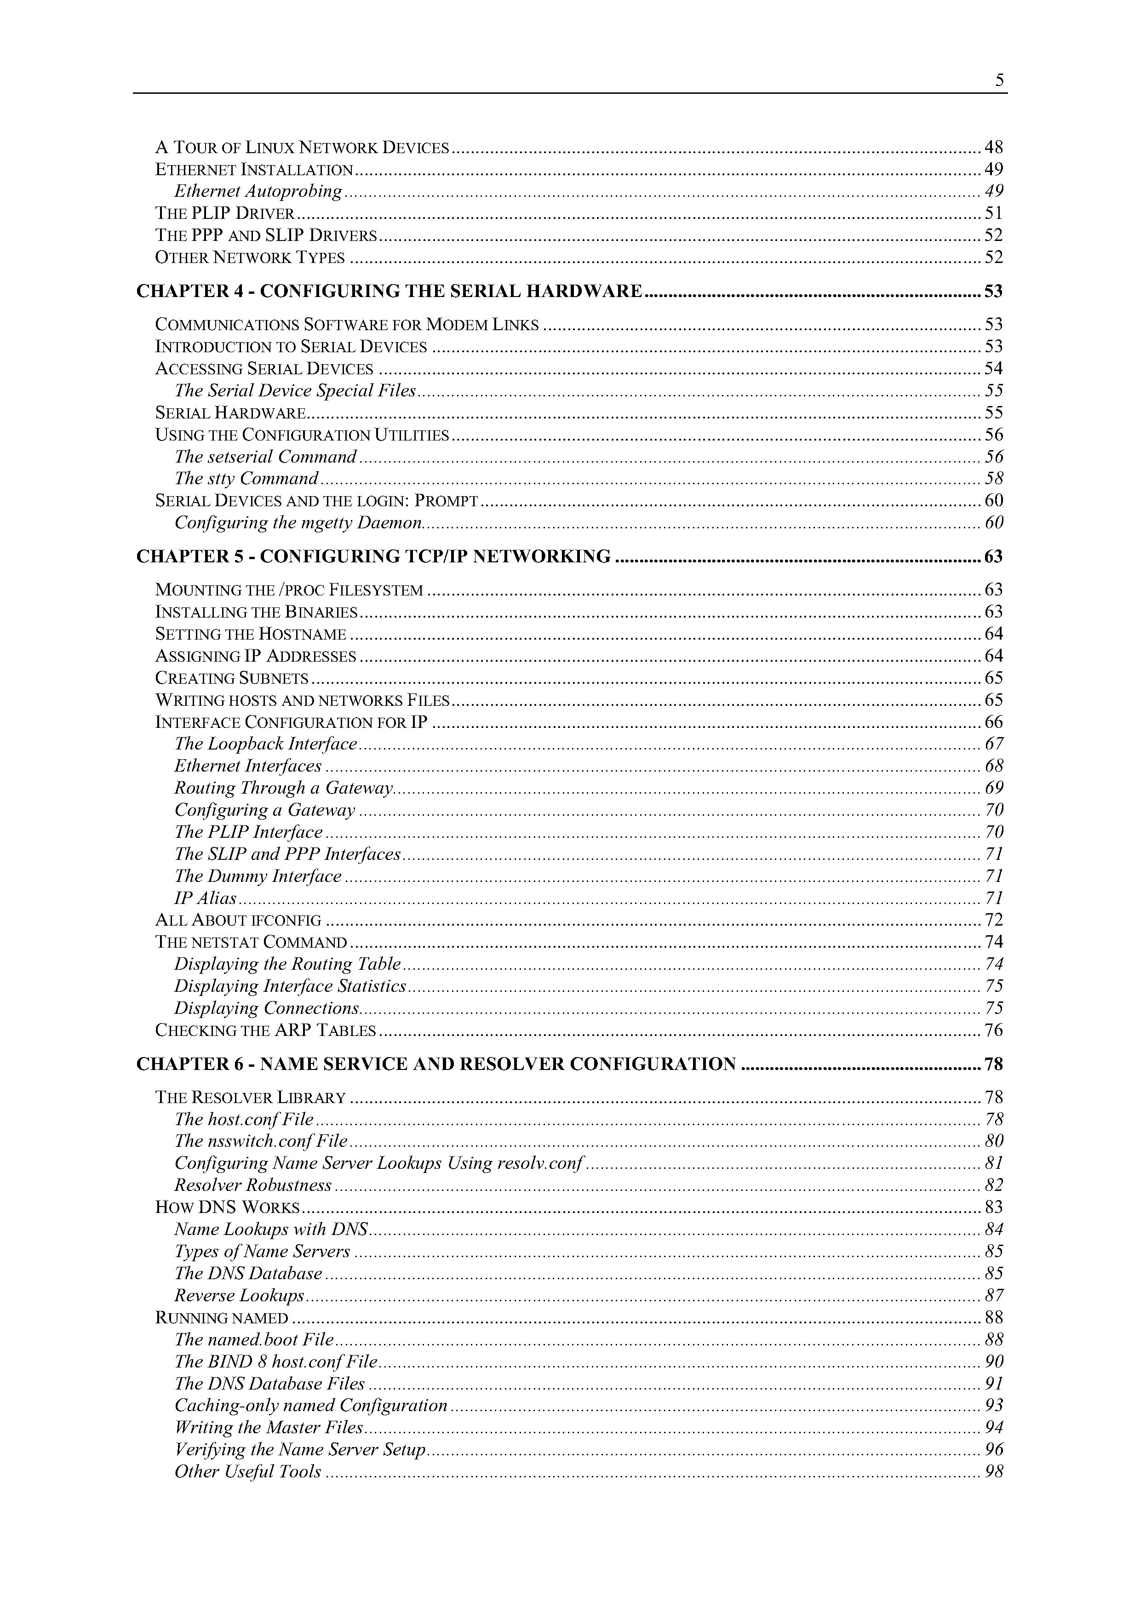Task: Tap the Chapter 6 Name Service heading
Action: point(436,1064)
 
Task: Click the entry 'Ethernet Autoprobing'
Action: point(258,191)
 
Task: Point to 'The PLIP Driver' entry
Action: point(225,213)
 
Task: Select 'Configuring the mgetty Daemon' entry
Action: point(298,523)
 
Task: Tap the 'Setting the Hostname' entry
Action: point(250,635)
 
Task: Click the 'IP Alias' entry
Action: point(205,898)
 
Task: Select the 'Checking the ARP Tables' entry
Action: point(265,1030)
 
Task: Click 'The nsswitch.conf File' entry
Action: point(261,1141)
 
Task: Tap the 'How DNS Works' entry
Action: point(228,1207)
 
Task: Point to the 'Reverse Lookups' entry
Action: point(239,1295)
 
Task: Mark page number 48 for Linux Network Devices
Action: point(994,148)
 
